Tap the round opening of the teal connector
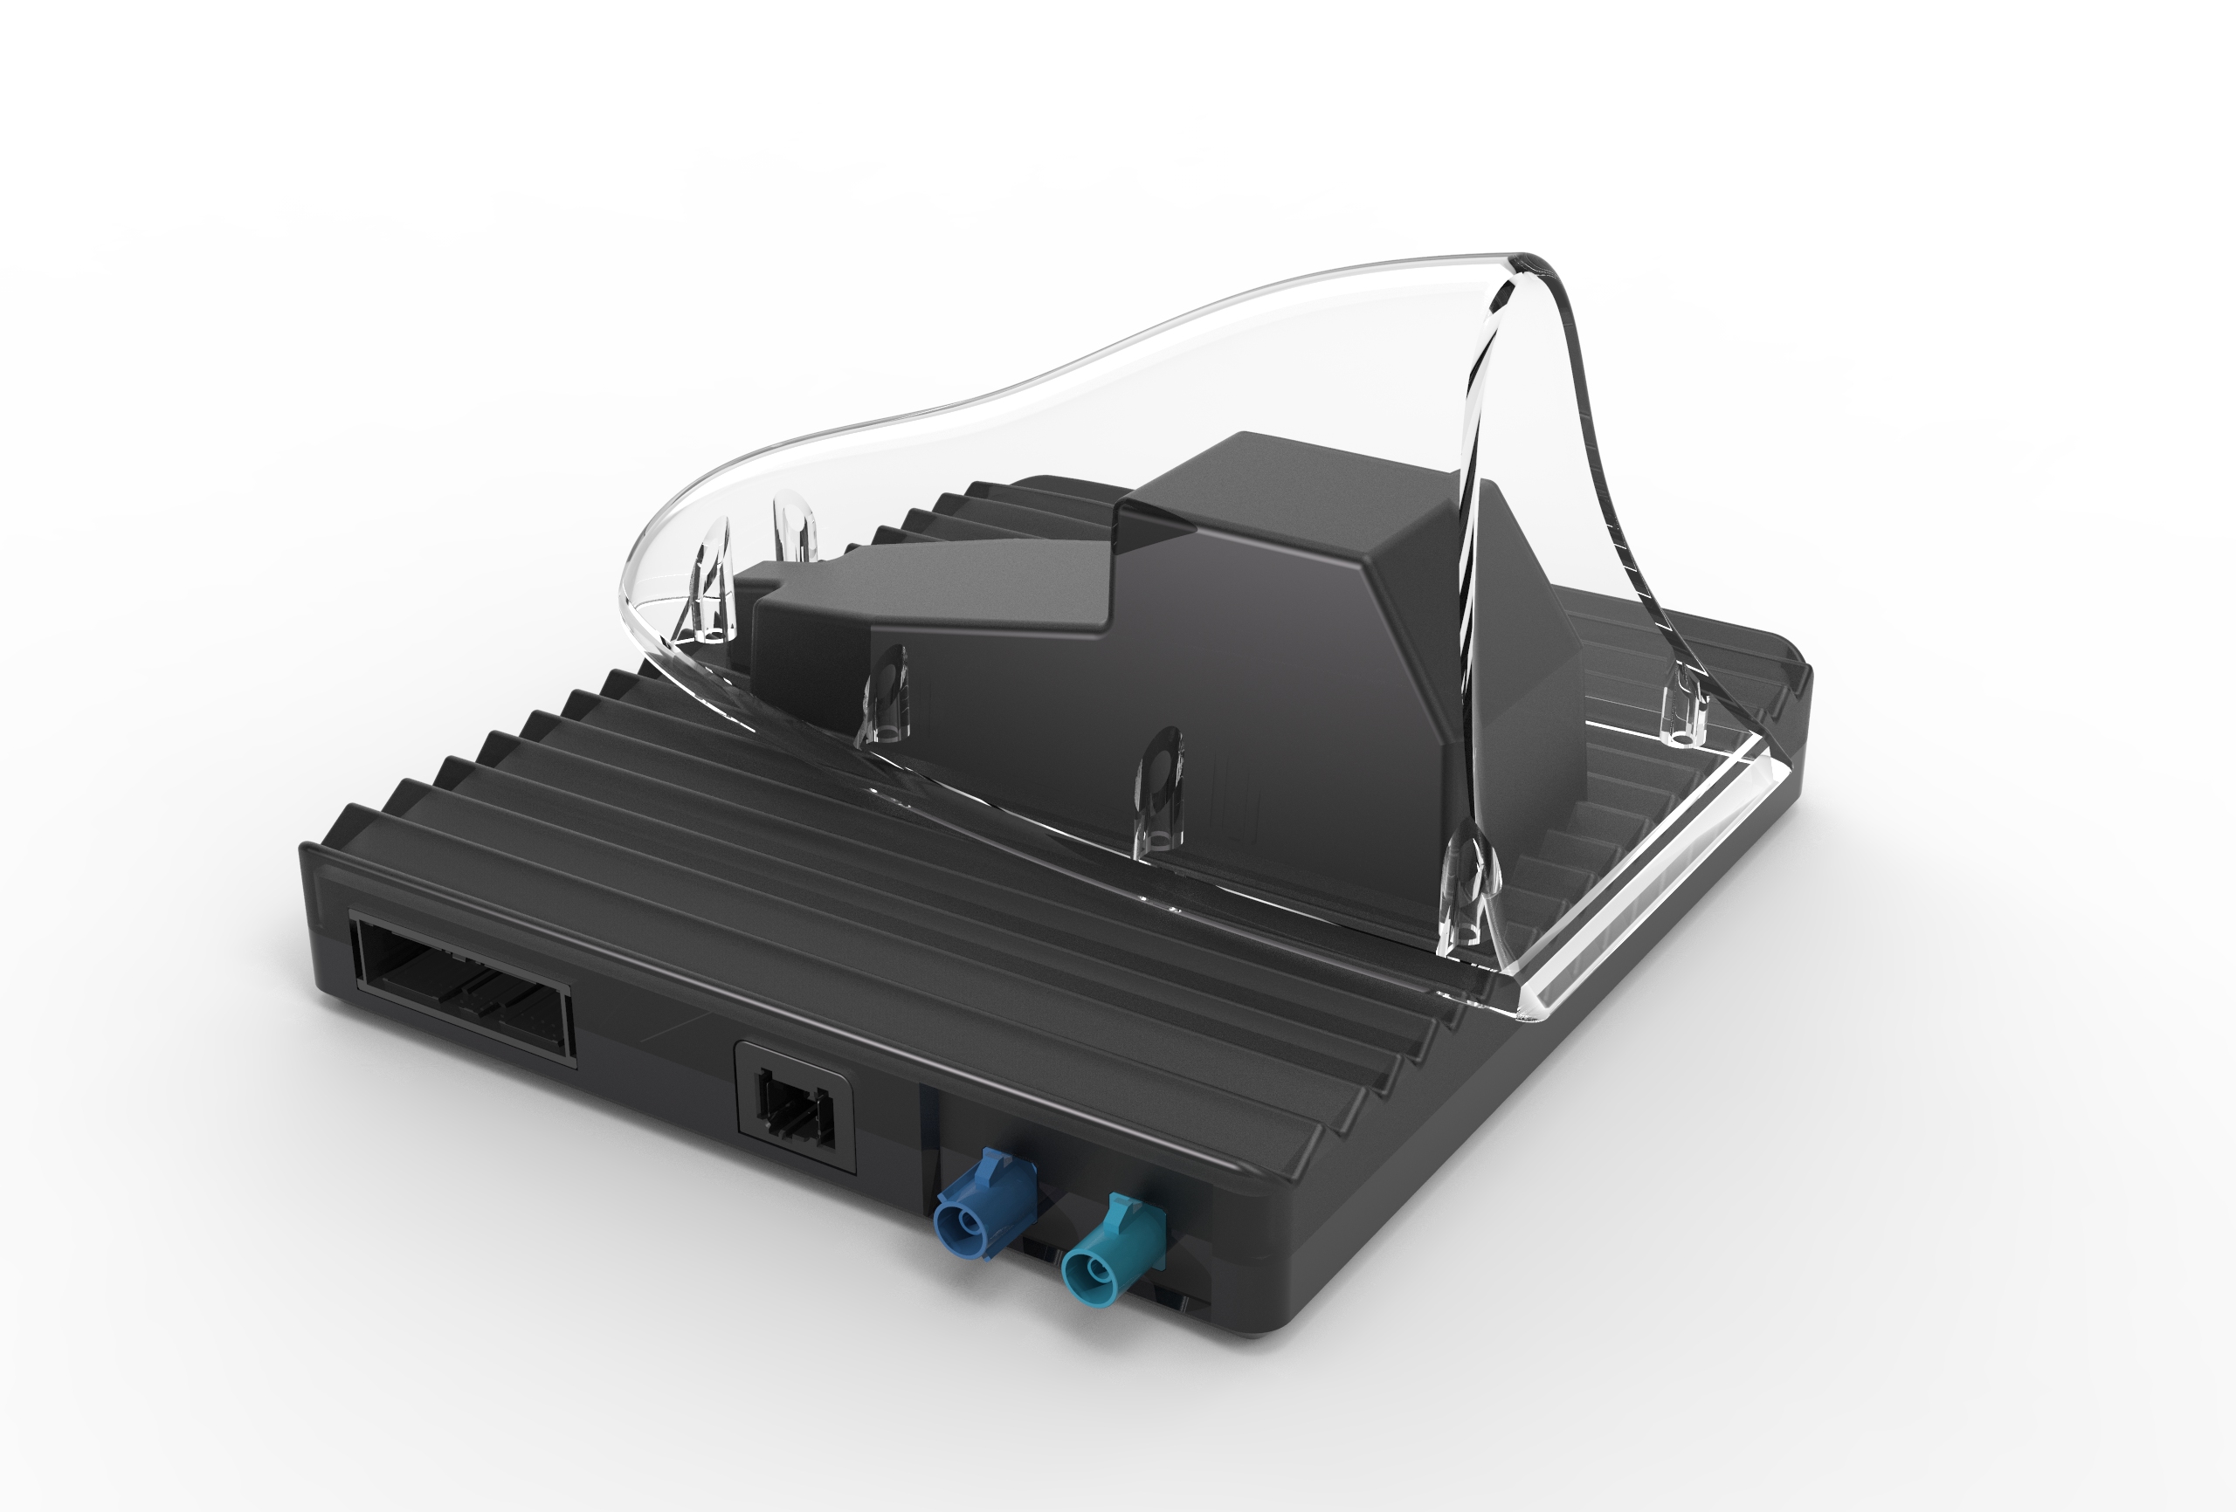pyautogui.click(x=1090, y=1274)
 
